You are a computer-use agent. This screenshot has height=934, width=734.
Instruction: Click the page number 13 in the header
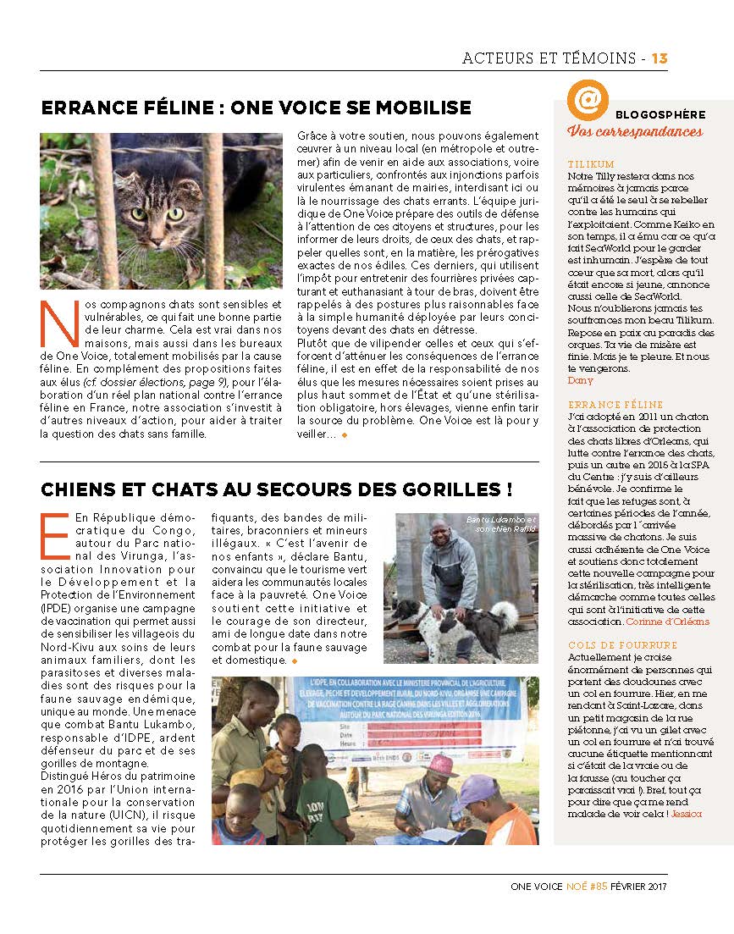pos(659,58)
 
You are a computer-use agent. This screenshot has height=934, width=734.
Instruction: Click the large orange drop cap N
pos(55,324)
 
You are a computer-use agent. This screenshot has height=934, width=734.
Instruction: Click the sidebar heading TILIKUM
pos(592,164)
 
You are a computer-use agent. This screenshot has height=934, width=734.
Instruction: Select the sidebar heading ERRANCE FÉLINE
pos(615,405)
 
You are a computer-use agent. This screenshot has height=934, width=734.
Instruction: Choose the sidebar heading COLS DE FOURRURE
pos(622,645)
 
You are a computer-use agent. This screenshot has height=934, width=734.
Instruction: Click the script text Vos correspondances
pos(635,131)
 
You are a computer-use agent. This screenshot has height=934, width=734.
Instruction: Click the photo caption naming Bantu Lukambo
pos(500,524)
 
